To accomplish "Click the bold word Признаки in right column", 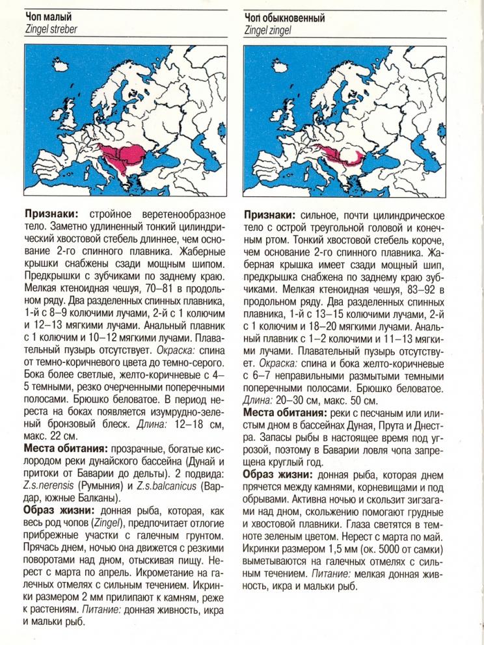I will click(269, 214).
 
